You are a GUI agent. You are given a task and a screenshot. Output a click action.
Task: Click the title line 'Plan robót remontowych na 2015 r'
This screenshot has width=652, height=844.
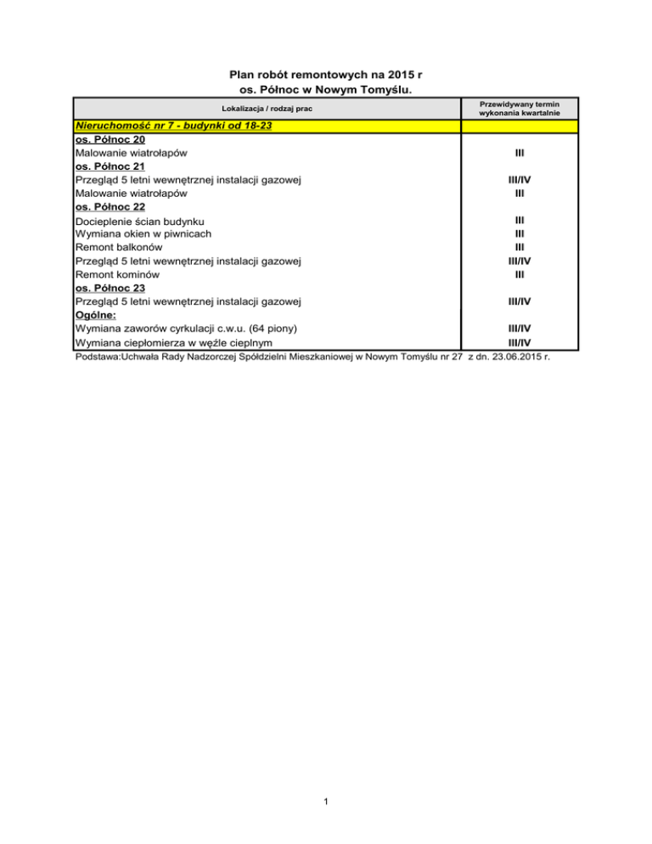[x=327, y=75]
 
